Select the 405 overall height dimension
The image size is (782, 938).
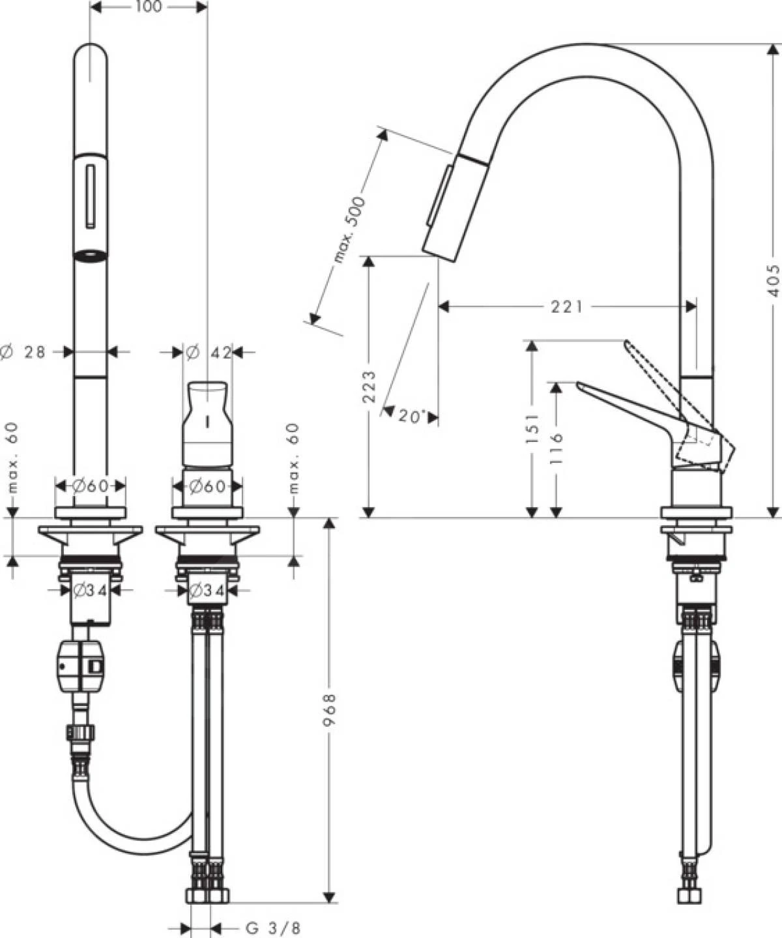(772, 280)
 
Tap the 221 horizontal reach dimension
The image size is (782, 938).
(566, 306)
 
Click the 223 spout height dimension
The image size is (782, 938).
(369, 387)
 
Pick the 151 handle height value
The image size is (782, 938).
(532, 428)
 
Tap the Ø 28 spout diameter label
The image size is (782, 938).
(26, 352)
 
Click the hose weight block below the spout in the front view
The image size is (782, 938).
(81, 666)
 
